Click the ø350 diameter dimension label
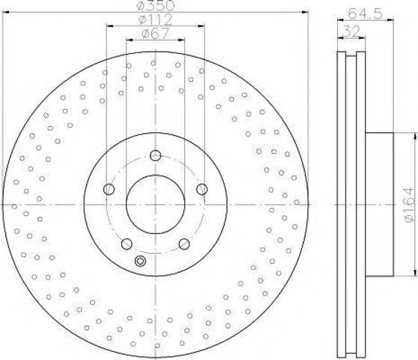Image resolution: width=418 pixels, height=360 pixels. click(156, 6)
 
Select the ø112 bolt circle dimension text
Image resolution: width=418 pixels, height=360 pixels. click(156, 20)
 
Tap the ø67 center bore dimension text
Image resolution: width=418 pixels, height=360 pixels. click(156, 34)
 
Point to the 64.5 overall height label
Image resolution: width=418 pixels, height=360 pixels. click(366, 13)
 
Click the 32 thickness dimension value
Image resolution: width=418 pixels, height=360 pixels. click(351, 31)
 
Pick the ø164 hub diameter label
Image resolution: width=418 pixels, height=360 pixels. click(409, 205)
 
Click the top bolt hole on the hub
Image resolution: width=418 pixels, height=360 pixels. click(155, 155)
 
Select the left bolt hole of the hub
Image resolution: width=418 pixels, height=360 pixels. click(109, 189)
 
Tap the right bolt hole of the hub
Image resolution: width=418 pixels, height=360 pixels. click(202, 189)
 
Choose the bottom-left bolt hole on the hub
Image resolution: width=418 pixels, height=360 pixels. click(127, 244)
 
